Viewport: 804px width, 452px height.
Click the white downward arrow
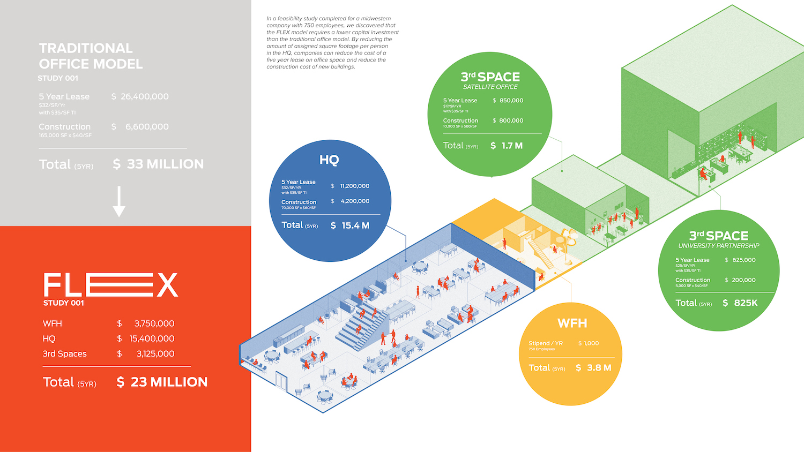pyautogui.click(x=119, y=201)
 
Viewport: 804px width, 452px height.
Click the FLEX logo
pyautogui.click(x=110, y=284)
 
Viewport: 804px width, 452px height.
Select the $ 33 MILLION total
pyautogui.click(x=159, y=164)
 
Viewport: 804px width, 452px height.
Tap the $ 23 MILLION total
pyautogui.click(x=162, y=382)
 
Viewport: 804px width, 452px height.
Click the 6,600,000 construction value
pyautogui.click(x=146, y=126)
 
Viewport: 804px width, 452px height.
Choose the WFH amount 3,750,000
pyautogui.click(x=154, y=323)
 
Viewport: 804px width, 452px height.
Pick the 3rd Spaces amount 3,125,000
pyautogui.click(x=155, y=353)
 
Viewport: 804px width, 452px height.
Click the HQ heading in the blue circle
pyautogui.click(x=329, y=160)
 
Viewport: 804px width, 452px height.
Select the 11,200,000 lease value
pyautogui.click(x=354, y=186)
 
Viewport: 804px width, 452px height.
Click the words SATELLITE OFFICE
pyautogui.click(x=490, y=87)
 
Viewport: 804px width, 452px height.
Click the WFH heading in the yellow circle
pyautogui.click(x=572, y=323)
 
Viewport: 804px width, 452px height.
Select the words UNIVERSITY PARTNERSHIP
pyautogui.click(x=719, y=246)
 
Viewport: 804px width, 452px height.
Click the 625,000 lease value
pyautogui.click(x=743, y=260)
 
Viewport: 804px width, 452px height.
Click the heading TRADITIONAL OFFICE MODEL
pyautogui.click(x=91, y=56)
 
